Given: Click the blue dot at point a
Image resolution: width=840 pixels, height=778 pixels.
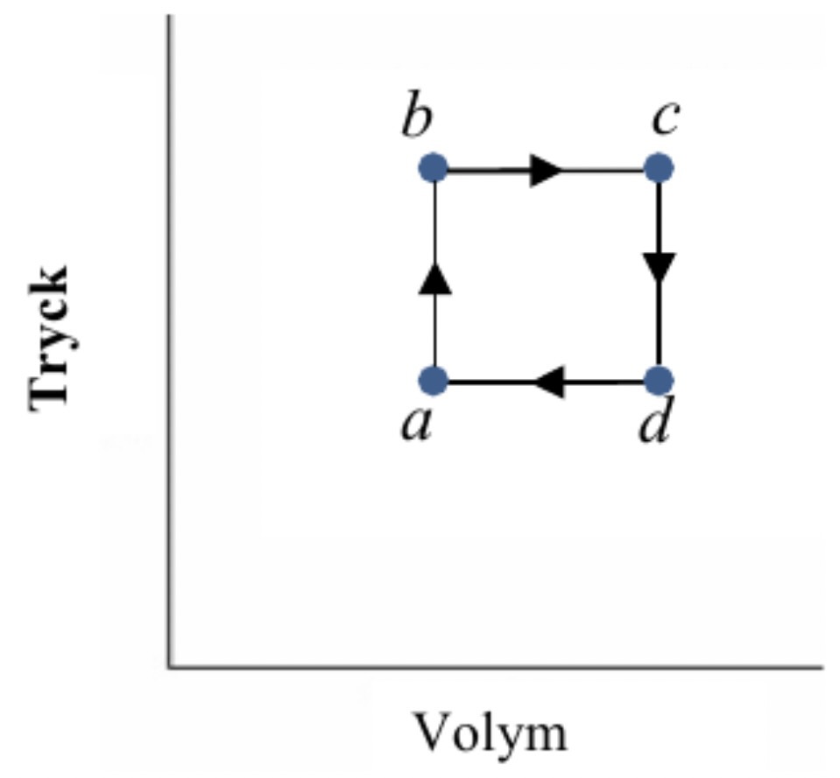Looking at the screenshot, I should (434, 381).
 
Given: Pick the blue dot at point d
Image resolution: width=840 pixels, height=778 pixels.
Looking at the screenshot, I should (658, 381).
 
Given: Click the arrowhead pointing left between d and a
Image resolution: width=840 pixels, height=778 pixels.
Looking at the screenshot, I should (549, 382).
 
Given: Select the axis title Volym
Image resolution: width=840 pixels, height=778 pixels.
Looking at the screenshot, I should (490, 732).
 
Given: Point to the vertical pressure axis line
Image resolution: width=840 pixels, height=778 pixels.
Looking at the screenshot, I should (169, 350).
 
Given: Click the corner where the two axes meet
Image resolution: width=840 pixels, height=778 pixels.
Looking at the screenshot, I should (169, 668).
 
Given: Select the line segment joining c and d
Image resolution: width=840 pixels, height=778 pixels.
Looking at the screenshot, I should (659, 324).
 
